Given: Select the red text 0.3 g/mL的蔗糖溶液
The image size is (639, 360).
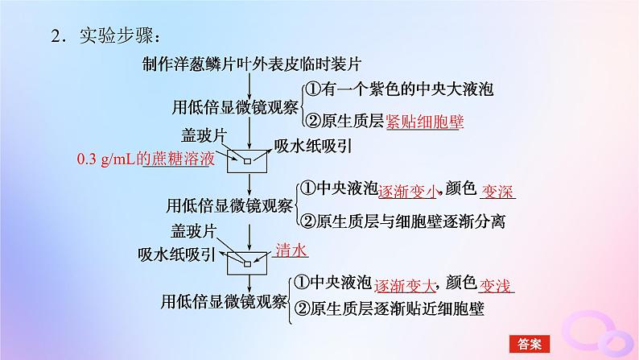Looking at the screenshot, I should pos(146,159).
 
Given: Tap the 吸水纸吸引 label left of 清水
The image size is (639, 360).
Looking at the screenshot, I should pos(175,254).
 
